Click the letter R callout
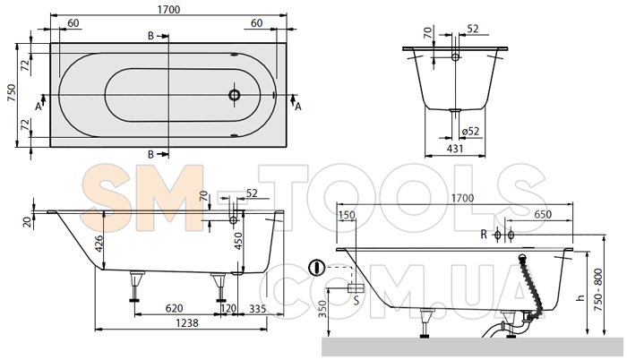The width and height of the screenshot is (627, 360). [483, 235]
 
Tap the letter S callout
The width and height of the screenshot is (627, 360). [356, 302]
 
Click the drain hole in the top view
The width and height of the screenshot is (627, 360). [235, 93]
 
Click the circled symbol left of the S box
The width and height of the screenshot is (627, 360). [314, 268]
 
